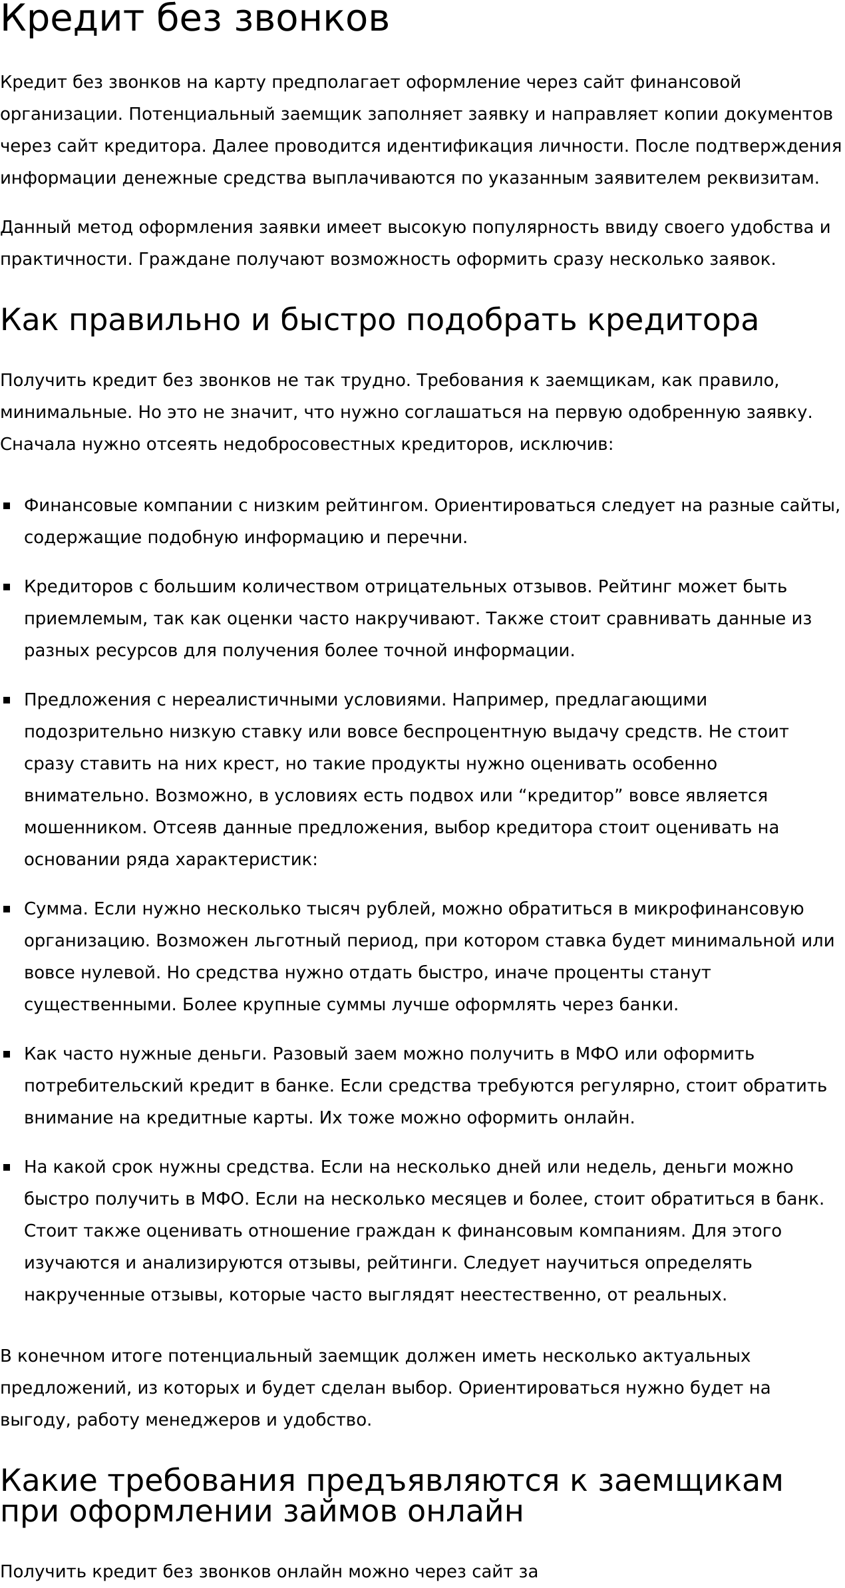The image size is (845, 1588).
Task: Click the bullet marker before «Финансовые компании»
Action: [x=7, y=506]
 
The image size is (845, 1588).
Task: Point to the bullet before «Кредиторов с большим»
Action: [x=7, y=587]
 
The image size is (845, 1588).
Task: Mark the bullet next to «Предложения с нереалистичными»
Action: [x=7, y=700]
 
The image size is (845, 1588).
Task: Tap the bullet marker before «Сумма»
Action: [x=7, y=909]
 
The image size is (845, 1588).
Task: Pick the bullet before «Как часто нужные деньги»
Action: [x=7, y=1054]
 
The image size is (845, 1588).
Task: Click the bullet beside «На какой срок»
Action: [x=7, y=1167]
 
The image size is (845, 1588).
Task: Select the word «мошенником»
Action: [x=84, y=828]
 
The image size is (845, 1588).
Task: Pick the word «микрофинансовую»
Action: [x=719, y=909]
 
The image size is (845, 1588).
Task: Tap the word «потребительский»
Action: [x=104, y=1086]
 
